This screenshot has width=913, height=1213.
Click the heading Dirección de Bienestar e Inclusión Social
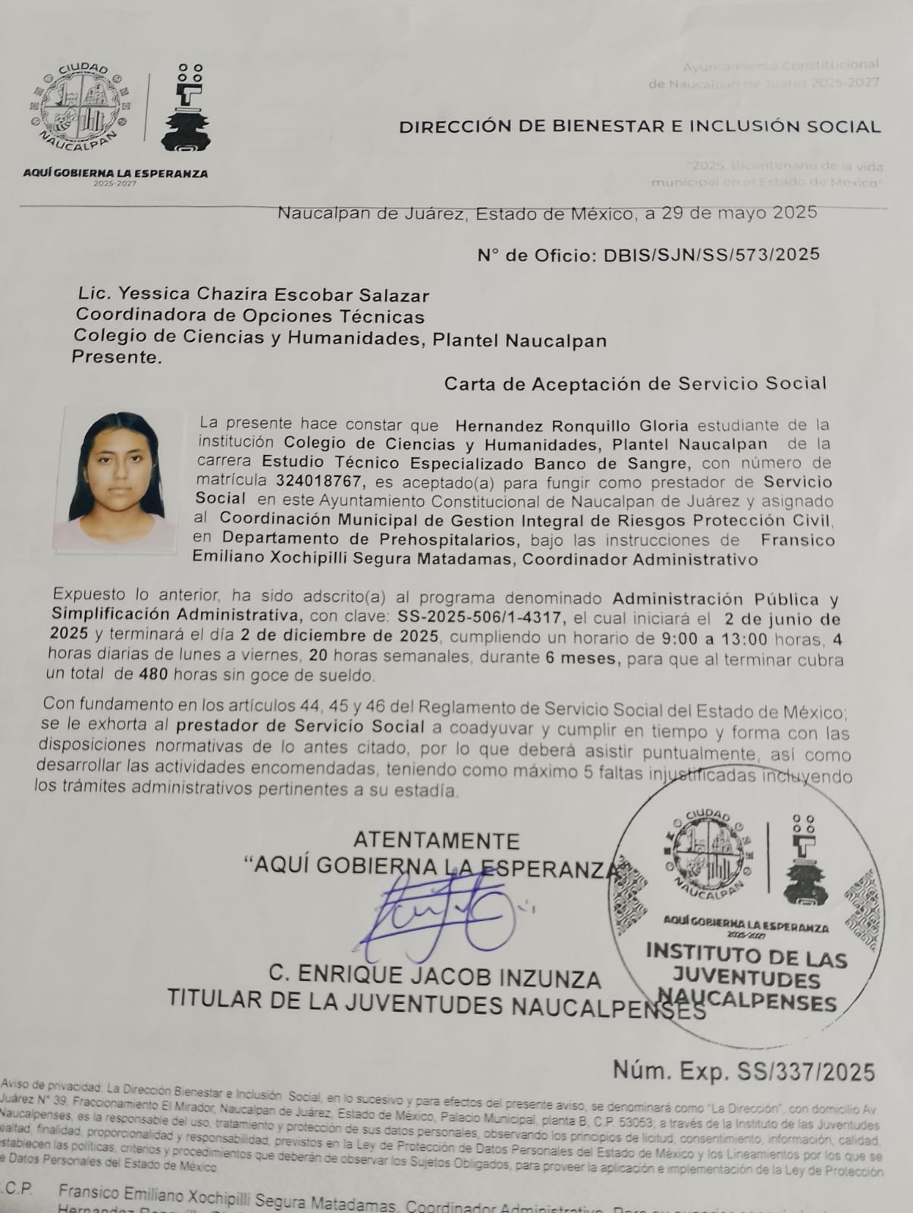point(639,127)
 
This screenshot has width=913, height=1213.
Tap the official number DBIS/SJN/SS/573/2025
point(711,255)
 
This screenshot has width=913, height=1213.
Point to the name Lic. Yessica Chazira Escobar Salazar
point(253,295)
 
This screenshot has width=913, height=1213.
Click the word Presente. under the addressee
point(117,357)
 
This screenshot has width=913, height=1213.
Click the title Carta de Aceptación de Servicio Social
point(635,384)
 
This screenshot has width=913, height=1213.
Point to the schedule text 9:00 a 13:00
point(715,639)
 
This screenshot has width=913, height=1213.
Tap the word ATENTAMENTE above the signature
point(436,841)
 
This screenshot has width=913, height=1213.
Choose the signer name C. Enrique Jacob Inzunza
point(435,977)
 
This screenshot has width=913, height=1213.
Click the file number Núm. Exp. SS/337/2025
point(743,1071)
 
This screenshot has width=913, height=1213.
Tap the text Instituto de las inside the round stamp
point(746,955)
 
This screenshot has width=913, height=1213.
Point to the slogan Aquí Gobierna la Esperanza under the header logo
point(115,174)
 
